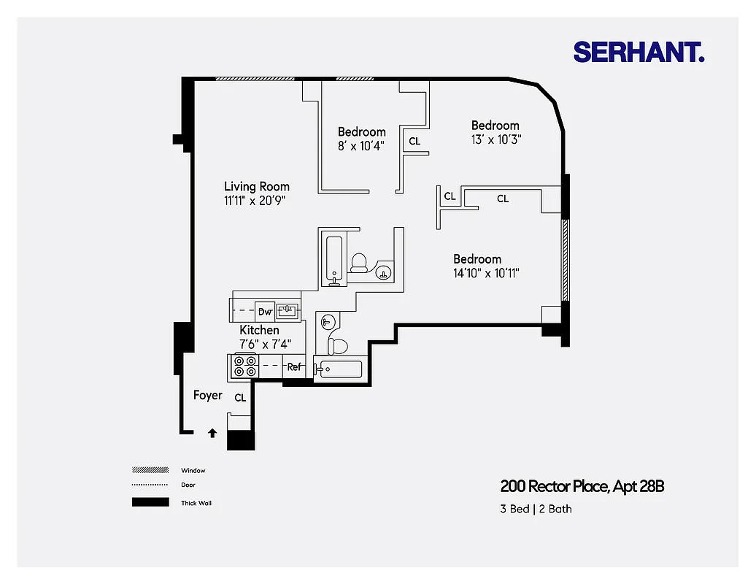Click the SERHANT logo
coord(639,52)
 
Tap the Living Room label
coord(256,187)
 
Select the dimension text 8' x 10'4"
coord(361,145)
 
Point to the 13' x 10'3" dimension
coord(495,139)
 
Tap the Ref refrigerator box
coord(294,367)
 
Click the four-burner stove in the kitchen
coord(244,366)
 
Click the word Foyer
coord(207,396)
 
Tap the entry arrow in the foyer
coord(212,433)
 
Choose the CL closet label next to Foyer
coord(240,399)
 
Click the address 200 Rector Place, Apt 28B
coord(582,486)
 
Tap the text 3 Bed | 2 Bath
coord(536,509)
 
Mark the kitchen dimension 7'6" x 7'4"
coord(266,343)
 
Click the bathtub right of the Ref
coord(339,369)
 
